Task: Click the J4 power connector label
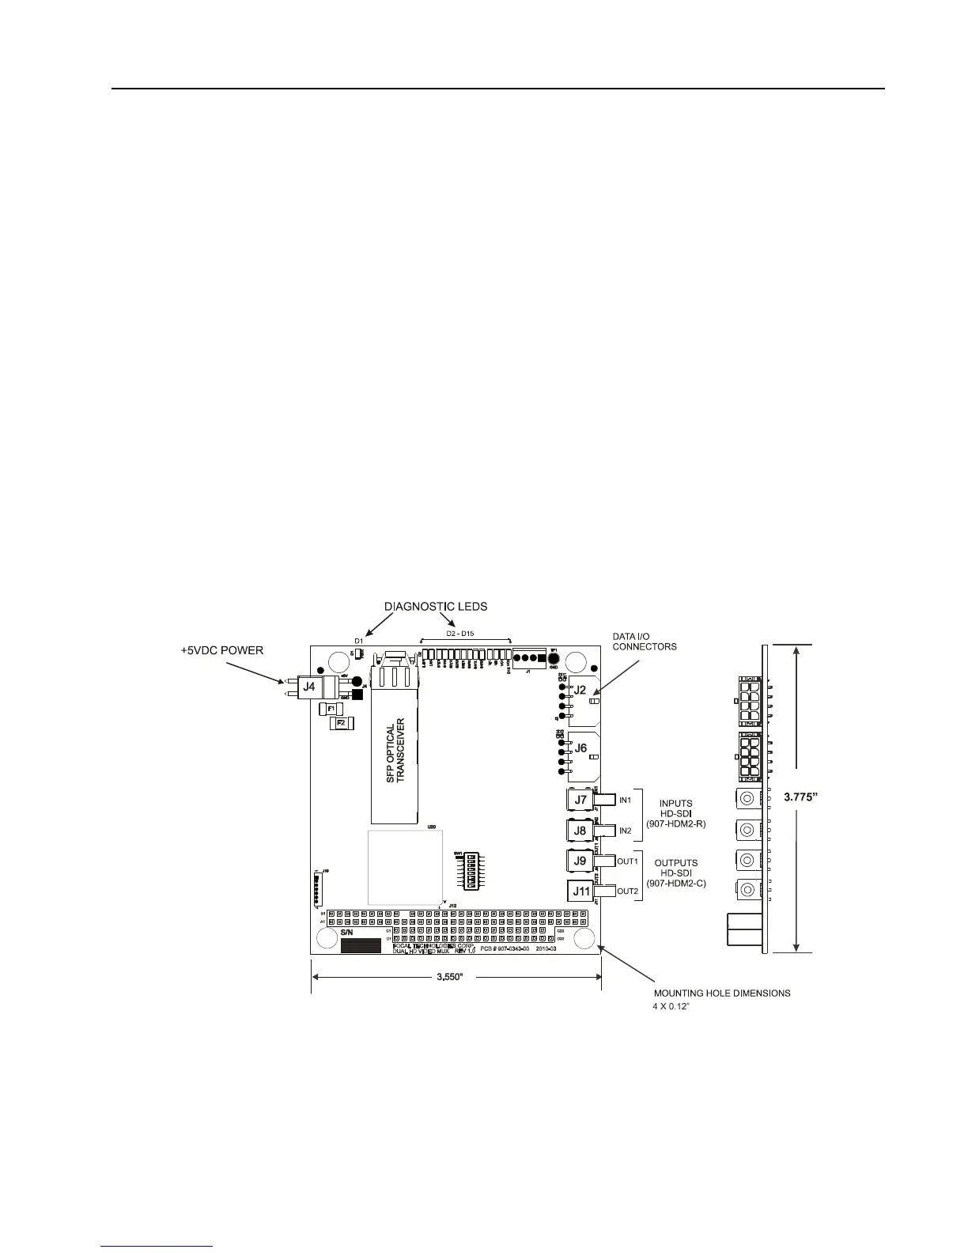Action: click(x=310, y=687)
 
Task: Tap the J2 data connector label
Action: click(x=580, y=690)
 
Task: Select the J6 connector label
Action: click(x=580, y=748)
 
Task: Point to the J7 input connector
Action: click(x=580, y=800)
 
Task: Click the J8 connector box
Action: click(x=580, y=831)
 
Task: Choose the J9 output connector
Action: click(x=580, y=861)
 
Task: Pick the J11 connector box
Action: click(x=581, y=891)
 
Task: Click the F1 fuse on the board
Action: click(x=332, y=709)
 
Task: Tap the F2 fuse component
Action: click(x=342, y=723)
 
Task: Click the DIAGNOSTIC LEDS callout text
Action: click(x=436, y=607)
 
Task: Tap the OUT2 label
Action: click(x=627, y=891)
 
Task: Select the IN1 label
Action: click(x=625, y=801)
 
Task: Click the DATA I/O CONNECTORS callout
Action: click(x=645, y=642)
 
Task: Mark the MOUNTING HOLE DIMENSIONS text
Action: click(x=721, y=993)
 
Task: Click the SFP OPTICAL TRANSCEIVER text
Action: click(x=395, y=751)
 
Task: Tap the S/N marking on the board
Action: click(x=348, y=933)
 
